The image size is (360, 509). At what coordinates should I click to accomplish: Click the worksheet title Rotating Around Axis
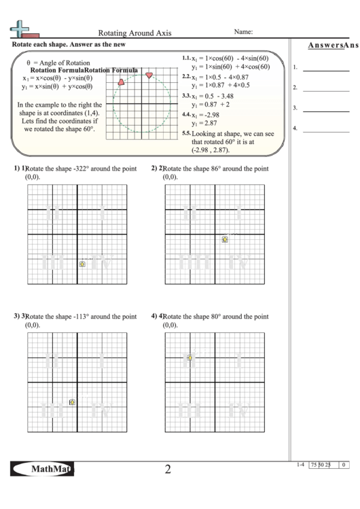[134, 32]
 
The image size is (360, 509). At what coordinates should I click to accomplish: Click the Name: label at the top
[243, 31]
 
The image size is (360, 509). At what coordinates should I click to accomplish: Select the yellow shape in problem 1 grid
[82, 264]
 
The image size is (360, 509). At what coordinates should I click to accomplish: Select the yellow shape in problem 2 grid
[225, 239]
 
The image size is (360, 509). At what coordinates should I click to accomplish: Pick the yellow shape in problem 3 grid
[73, 402]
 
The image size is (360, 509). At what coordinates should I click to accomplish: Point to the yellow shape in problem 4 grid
[190, 357]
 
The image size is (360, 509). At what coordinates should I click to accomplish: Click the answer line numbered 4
[325, 130]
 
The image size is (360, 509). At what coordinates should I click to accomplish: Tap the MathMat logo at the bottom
[43, 469]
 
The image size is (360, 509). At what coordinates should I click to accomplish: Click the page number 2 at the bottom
[168, 469]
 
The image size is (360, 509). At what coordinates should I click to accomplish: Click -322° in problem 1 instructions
[80, 169]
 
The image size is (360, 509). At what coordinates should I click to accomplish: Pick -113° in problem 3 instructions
[80, 317]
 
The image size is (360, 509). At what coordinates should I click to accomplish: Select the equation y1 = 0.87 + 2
[211, 105]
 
